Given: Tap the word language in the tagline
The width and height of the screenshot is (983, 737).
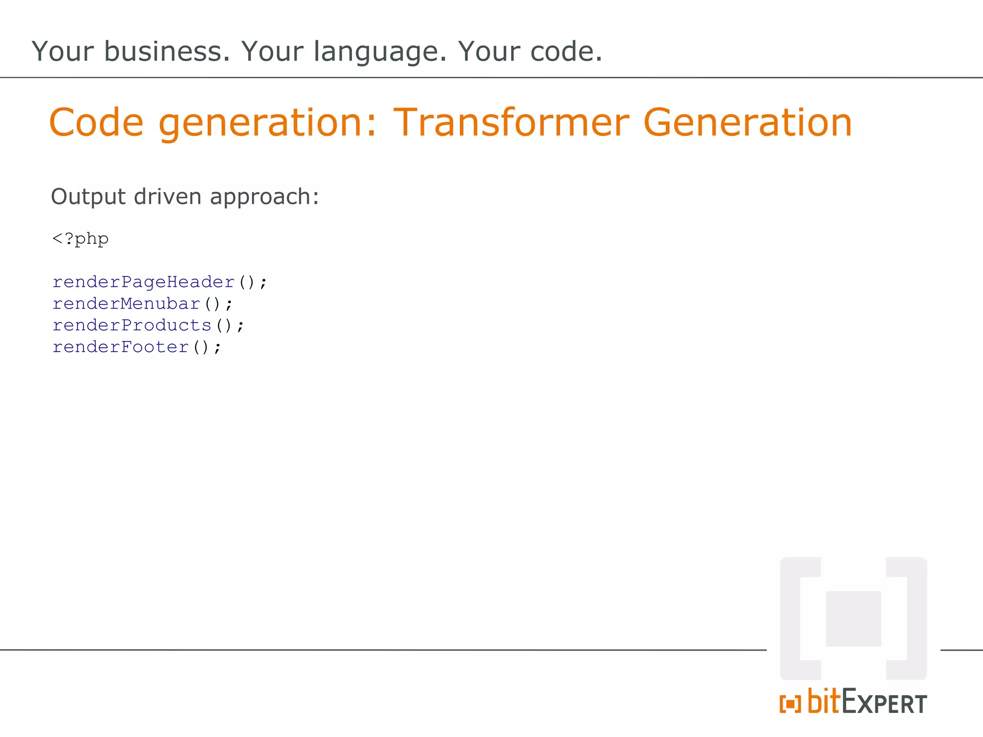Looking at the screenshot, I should click(x=380, y=52).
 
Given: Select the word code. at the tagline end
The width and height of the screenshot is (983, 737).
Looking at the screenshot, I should click(x=566, y=51).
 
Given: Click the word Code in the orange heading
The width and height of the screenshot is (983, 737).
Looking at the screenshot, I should click(x=96, y=123).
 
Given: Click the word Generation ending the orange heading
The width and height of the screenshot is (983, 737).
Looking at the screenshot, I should click(x=747, y=123).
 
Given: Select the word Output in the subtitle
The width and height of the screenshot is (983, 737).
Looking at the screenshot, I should click(x=88, y=197).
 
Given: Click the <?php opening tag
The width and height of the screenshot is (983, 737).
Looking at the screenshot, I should click(x=80, y=239).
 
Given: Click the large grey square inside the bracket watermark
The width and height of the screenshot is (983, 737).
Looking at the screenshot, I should click(x=853, y=618).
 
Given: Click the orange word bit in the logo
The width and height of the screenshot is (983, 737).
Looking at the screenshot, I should click(x=824, y=701).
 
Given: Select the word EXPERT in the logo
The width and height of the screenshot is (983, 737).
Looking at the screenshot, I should click(x=884, y=703).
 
